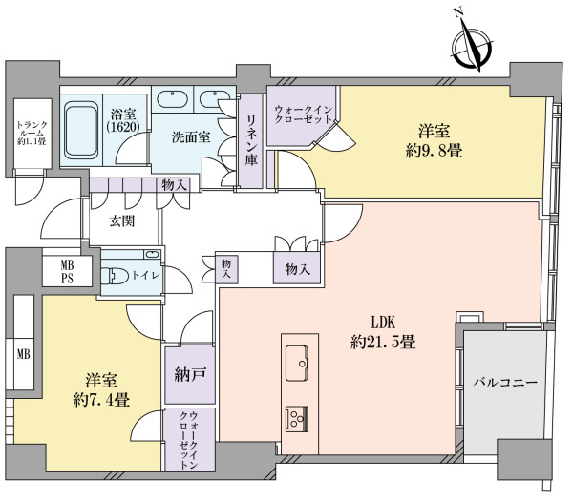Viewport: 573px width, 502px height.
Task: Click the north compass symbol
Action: tap(472, 46)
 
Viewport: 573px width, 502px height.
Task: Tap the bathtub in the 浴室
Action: tap(81, 130)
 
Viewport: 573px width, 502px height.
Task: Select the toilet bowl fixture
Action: tap(114, 276)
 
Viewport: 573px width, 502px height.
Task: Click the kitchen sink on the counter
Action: tap(297, 363)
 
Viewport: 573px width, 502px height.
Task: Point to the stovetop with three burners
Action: tap(297, 419)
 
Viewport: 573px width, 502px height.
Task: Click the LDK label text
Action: tap(383, 323)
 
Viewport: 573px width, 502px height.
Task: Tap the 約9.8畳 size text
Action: tap(435, 151)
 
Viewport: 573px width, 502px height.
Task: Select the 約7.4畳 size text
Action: tap(101, 400)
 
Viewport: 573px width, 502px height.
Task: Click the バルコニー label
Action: tap(506, 383)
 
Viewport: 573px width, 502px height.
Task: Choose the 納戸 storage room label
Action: tap(190, 374)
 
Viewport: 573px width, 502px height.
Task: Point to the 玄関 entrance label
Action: tap(122, 221)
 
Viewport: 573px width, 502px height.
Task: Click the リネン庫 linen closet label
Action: tap(251, 140)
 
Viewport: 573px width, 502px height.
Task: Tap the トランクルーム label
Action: tap(32, 134)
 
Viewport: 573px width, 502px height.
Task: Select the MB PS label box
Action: tap(67, 271)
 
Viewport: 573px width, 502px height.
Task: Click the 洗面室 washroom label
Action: tap(191, 137)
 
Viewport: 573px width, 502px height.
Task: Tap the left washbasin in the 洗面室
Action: tap(173, 99)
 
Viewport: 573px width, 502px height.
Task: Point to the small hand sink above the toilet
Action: tap(152, 254)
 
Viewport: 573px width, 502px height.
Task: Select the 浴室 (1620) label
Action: tap(123, 120)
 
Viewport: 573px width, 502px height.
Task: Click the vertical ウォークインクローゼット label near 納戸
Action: tap(189, 440)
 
